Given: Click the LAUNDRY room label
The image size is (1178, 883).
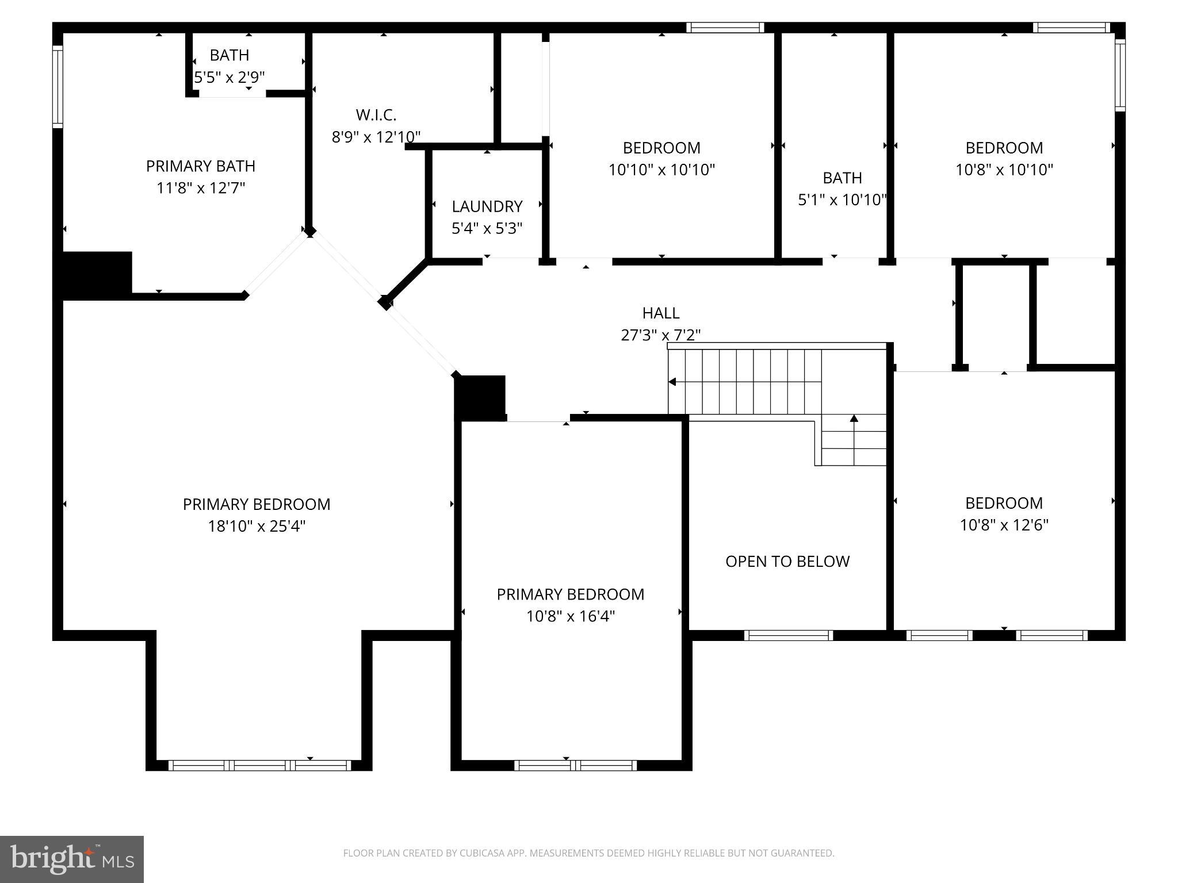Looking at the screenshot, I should [487, 206].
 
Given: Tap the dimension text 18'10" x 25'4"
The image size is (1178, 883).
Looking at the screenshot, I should [257, 527].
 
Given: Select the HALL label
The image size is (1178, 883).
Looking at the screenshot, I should [661, 313].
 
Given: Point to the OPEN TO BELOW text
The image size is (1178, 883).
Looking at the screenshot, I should [787, 562].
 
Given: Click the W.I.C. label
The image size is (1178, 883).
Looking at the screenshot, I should [376, 116].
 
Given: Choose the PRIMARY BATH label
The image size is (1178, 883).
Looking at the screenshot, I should [201, 167].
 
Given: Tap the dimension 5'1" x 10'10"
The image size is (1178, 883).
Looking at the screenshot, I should [842, 200].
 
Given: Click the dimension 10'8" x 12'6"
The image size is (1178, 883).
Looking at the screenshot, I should [1004, 525].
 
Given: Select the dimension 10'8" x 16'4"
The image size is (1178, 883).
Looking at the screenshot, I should [571, 617].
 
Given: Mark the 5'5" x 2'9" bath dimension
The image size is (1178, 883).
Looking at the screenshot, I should [230, 78].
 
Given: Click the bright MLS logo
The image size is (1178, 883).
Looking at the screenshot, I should [72, 859].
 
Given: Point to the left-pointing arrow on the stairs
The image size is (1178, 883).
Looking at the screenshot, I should [672, 382].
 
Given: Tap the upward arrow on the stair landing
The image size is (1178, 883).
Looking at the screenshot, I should [854, 419].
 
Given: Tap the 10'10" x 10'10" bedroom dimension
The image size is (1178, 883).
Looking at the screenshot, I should [661, 170].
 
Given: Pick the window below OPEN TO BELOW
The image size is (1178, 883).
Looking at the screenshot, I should [789, 635].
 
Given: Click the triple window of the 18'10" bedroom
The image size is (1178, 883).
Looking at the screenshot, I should [259, 766].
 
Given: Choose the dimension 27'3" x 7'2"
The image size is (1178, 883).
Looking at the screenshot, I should [661, 335].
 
